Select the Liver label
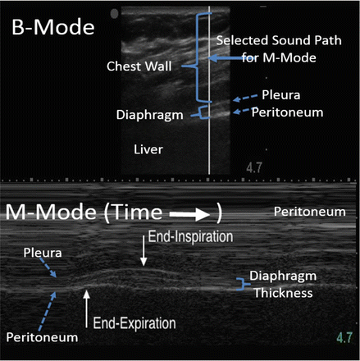(x=148, y=149)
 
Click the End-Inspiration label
(x=189, y=235)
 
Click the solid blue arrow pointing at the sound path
(x=221, y=58)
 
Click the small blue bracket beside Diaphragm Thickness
(x=239, y=284)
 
